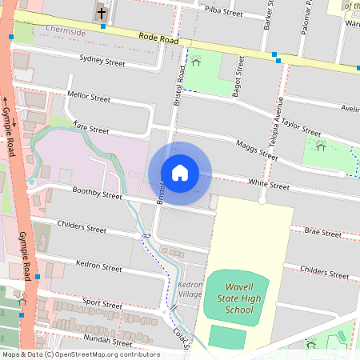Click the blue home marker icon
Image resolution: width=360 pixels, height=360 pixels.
pos(180,174)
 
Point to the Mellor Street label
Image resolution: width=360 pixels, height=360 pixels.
pos(89,98)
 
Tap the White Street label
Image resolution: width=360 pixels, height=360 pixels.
pos(268,185)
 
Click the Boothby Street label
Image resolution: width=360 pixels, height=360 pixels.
pos(96,194)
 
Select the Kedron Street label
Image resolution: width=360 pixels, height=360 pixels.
pos(98,264)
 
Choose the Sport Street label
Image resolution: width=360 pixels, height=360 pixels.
pos(102,304)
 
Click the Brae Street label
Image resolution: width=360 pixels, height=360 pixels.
pos(322,233)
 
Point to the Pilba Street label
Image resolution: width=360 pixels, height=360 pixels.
pos(223,12)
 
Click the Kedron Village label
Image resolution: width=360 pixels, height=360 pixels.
pos(191,290)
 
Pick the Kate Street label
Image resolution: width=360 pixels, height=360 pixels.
pos(90,129)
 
